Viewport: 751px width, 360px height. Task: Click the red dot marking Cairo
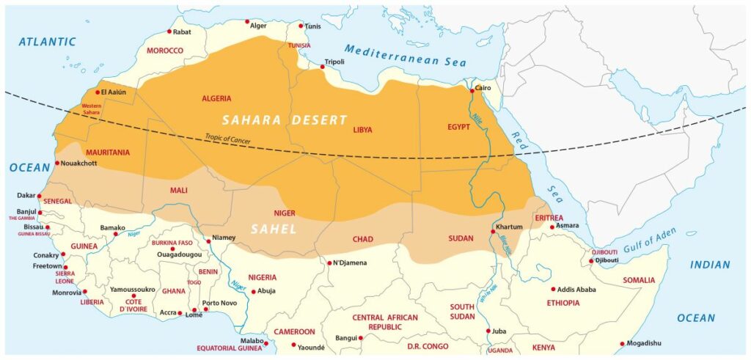[x=472, y=91]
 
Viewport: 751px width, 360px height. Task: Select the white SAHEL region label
[x=274, y=229]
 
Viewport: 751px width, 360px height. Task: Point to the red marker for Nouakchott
[x=57, y=163]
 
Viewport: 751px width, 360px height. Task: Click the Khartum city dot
[x=492, y=232]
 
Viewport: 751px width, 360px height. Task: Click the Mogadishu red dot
[x=622, y=343]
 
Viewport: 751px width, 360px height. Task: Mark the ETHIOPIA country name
[x=565, y=302]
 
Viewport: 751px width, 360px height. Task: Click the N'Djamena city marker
[x=329, y=262]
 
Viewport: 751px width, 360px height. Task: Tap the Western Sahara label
[x=91, y=109]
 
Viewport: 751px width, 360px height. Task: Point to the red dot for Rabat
[x=169, y=32]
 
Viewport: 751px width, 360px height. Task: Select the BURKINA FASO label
[x=172, y=243]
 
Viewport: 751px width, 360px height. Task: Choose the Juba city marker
[x=488, y=331]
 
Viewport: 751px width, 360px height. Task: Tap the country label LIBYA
[x=362, y=130]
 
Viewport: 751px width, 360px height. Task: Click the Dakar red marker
[x=39, y=196]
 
